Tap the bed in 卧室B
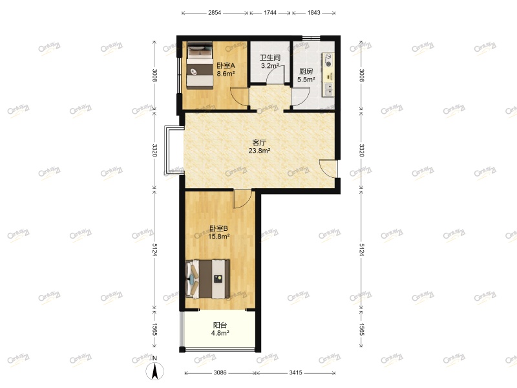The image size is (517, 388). [208, 279]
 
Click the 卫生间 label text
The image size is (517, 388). [269, 57]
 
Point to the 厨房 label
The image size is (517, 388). [306, 72]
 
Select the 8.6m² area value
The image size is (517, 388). [226, 74]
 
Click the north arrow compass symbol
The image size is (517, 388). [155, 370]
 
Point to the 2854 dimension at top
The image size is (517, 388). [215, 13]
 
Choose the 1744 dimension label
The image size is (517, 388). [270, 13]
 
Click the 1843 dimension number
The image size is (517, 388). [313, 13]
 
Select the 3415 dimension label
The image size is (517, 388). [297, 373]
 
